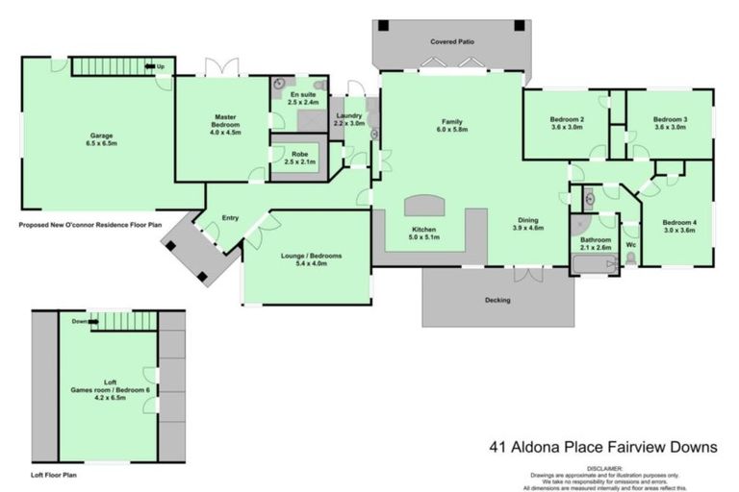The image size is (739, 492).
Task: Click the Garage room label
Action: tap(94, 135)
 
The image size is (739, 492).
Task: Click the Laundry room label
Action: tap(348, 115)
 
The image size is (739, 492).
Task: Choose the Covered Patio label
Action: tap(451, 42)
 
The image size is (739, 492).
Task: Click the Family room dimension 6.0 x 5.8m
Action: tap(452, 129)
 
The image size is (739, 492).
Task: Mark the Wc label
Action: tap(630, 244)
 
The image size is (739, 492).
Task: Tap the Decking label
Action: tap(497, 301)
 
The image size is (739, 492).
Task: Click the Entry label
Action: tap(230, 217)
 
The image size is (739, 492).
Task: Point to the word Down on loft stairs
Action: tap(81, 322)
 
